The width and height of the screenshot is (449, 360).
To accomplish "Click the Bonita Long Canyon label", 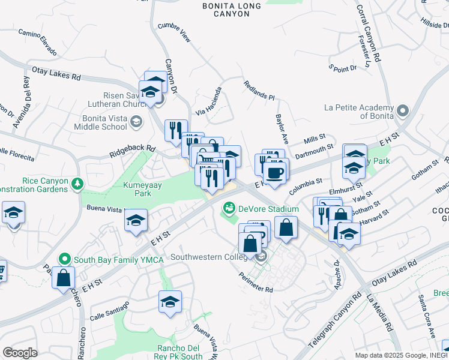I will pyautogui.click(x=231, y=10).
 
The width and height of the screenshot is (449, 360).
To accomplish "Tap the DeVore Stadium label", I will pyautogui.click(x=268, y=209).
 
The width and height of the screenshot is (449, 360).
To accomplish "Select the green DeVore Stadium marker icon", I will pyautogui.click(x=228, y=209).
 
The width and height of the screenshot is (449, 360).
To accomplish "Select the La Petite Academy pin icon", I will pyautogui.click(x=402, y=112).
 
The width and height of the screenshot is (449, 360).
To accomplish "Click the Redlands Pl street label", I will pyautogui.click(x=259, y=89).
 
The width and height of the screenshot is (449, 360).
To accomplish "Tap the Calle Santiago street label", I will pyautogui.click(x=109, y=311).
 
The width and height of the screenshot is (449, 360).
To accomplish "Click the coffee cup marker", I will pyautogui.click(x=276, y=173).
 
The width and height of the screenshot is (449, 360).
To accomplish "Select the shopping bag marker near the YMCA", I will pyautogui.click(x=63, y=278).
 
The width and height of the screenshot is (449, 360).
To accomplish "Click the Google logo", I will pyautogui.click(x=20, y=353).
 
